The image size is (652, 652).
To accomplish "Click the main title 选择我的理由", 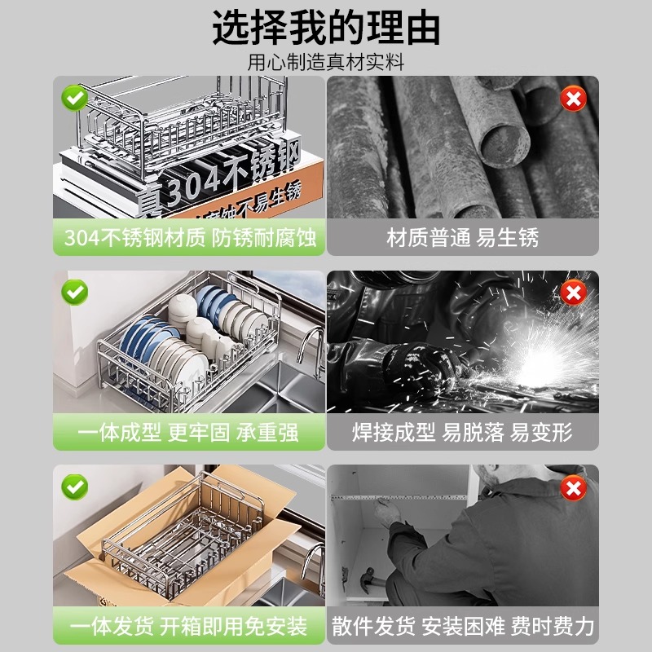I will [326, 28].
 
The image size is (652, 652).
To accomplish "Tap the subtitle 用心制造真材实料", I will [326, 62].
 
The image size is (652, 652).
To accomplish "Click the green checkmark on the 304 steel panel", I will [75, 99].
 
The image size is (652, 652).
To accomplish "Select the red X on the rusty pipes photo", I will [574, 99].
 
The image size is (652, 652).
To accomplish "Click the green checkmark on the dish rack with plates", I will [75, 291].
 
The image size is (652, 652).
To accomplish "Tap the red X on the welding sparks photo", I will [574, 291].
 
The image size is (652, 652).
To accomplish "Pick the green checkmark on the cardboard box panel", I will [75, 487].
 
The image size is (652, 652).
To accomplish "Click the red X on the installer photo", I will [574, 488].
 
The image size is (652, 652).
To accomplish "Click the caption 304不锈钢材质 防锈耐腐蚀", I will [189, 237].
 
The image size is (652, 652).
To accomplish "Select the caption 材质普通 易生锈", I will [462, 237].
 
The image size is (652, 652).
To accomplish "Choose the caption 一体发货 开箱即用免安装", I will [189, 626].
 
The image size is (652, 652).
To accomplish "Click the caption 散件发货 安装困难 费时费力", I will [462, 626].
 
